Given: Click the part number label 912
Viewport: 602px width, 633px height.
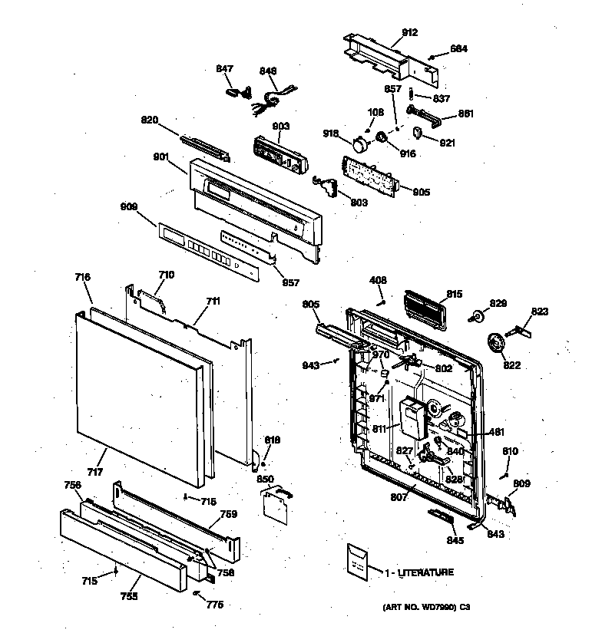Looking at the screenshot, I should (409, 32).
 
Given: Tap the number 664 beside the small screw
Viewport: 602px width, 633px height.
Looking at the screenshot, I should (458, 49).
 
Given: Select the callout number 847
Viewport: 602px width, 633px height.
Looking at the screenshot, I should (224, 69).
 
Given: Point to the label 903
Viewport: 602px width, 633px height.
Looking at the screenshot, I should (280, 126).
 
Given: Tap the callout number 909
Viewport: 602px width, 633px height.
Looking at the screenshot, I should (128, 206).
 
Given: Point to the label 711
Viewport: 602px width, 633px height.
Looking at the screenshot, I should (212, 301).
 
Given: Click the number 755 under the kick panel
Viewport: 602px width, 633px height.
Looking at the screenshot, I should (127, 595).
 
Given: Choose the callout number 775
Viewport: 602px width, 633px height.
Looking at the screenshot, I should (214, 605).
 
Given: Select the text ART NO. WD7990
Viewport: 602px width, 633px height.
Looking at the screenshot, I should (416, 608).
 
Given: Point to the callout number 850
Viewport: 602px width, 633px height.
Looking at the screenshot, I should (265, 479).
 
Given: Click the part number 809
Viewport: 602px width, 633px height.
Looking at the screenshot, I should (521, 483).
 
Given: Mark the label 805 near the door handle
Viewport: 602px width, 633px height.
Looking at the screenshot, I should (310, 305).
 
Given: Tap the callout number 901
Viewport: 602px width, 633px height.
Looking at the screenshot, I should (160, 157).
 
